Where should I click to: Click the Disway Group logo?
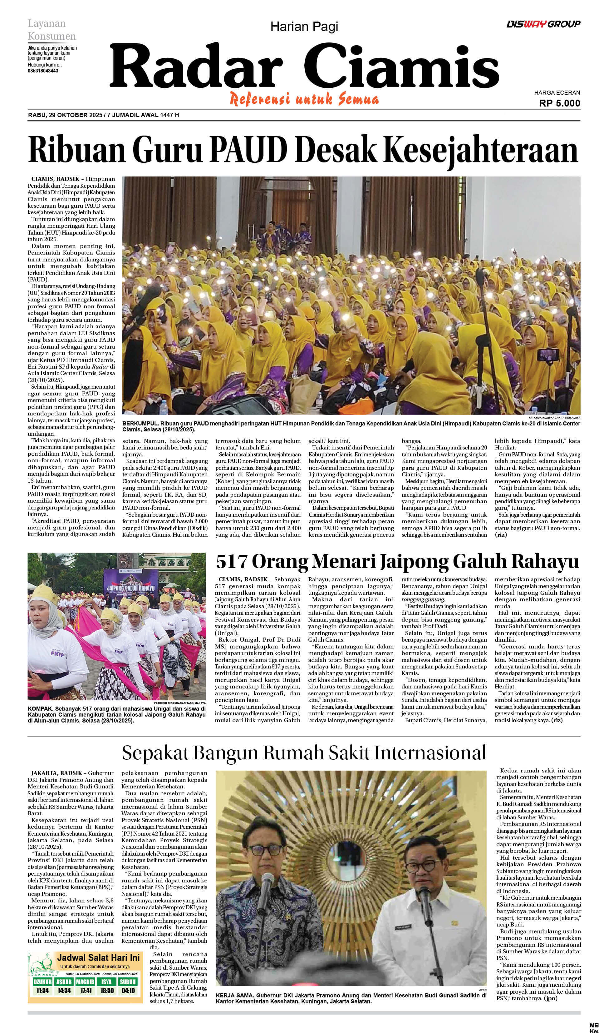pyautogui.click(x=543, y=24)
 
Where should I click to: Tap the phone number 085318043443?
pyautogui.click(x=43, y=71)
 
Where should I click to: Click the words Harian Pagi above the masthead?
pyautogui.click(x=304, y=27)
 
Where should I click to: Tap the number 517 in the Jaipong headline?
pyautogui.click(x=232, y=561)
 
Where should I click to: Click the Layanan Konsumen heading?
pyautogui.click(x=51, y=30)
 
